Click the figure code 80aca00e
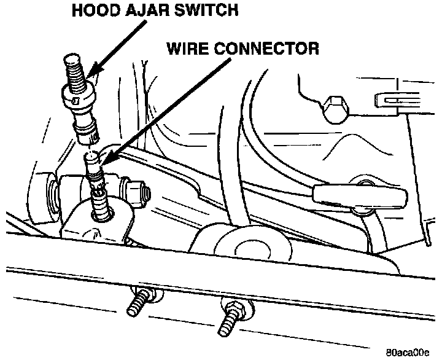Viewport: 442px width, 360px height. [408, 353]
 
